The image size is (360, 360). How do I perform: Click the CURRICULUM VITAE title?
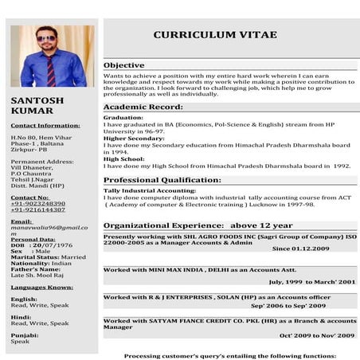pyautogui.click(x=215, y=35)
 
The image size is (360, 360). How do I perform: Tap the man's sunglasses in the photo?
pyautogui.click(x=46, y=39)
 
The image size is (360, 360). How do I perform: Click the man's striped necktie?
pyautogui.click(x=51, y=69)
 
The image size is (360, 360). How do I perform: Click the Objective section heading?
pyautogui.click(x=124, y=65)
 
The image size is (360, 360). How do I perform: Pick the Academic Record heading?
pyautogui.click(x=143, y=107)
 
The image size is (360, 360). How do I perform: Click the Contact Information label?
pyautogui.click(x=45, y=125)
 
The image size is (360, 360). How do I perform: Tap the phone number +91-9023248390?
pyautogui.click(x=38, y=203)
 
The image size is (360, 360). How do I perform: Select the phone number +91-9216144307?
pyautogui.click(x=38, y=209)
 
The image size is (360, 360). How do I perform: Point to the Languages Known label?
pyautogui.click(x=41, y=287)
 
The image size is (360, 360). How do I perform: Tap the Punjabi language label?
pyautogui.click(x=23, y=335)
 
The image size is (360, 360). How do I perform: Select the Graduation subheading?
pyautogui.click(x=123, y=117)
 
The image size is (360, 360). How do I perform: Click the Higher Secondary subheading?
pyautogui.click(x=132, y=138)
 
